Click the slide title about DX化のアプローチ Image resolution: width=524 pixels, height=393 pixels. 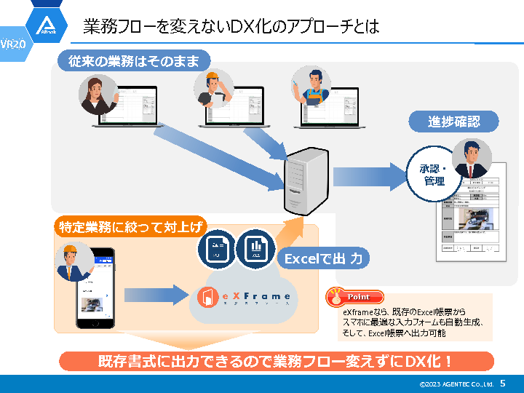coord(231,28)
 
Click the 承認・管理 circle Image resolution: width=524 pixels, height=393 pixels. coord(434,174)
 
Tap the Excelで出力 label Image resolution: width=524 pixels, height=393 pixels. coord(323,258)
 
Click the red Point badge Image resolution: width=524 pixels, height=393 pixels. coord(354,297)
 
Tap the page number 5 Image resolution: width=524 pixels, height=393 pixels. coord(502,383)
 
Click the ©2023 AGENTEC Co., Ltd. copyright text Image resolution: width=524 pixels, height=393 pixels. coord(456,384)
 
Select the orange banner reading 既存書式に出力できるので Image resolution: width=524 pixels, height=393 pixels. coord(276,361)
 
